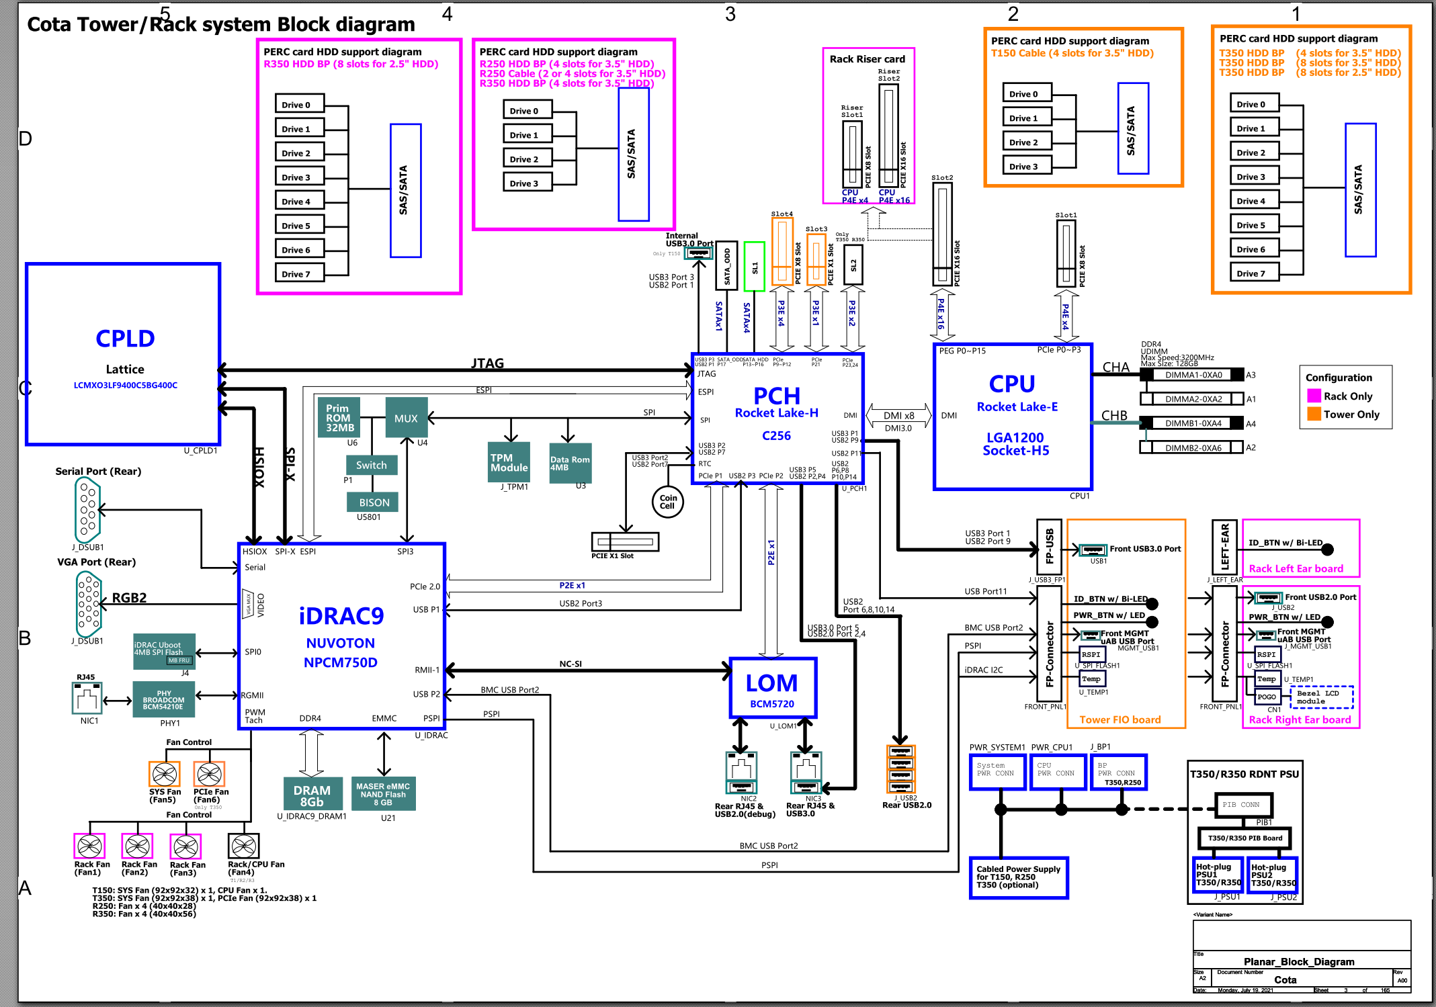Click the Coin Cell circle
[x=667, y=502]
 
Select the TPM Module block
[x=509, y=462]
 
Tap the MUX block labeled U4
[x=406, y=418]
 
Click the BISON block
[x=374, y=502]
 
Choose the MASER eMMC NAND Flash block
[x=383, y=794]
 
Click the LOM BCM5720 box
[x=773, y=689]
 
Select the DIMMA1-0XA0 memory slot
[x=1193, y=375]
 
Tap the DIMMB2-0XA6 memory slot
[x=1193, y=447]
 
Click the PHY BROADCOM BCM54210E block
[x=163, y=699]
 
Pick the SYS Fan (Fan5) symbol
[x=164, y=775]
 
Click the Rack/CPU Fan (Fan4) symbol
[x=243, y=846]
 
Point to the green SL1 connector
[x=754, y=267]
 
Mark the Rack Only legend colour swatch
[x=1314, y=396]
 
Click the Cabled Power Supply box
[x=1018, y=877]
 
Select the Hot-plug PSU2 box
[x=1272, y=875]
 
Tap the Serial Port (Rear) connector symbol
[x=88, y=510]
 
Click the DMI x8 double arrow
[x=898, y=416]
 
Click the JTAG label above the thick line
[x=487, y=363]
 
